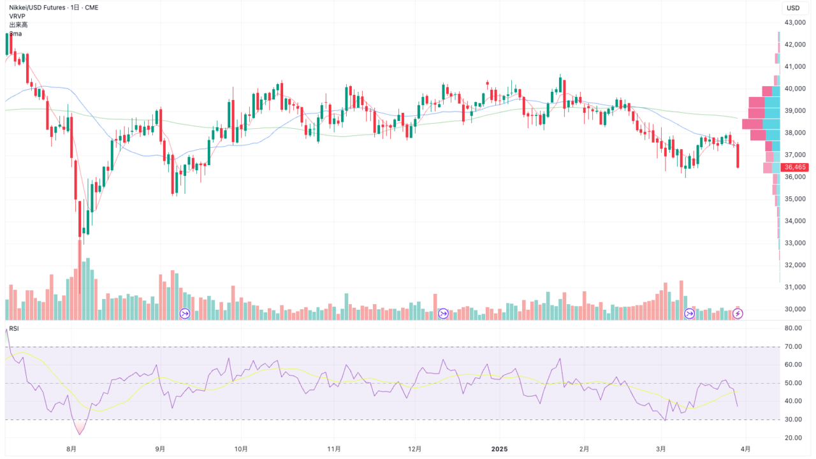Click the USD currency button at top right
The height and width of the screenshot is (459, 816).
(x=793, y=8)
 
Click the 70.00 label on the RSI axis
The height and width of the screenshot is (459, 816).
(x=793, y=347)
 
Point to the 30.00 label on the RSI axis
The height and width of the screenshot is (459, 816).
(x=793, y=419)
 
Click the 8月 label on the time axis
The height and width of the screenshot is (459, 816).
(x=72, y=449)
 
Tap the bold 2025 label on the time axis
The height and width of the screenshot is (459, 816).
(x=499, y=449)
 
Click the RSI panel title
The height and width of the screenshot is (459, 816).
(x=14, y=329)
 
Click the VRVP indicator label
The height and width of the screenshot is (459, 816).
(x=17, y=16)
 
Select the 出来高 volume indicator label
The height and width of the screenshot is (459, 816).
(x=18, y=25)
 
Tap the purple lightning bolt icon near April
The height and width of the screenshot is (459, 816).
(x=738, y=313)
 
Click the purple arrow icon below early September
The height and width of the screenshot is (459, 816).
(x=186, y=313)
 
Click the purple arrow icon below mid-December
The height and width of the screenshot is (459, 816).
(x=444, y=313)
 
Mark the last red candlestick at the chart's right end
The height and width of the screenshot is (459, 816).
(x=738, y=156)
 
